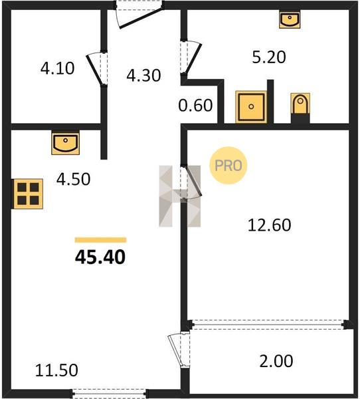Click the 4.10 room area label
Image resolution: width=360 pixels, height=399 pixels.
[x=58, y=68]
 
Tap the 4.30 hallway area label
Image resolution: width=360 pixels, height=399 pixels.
[x=143, y=75]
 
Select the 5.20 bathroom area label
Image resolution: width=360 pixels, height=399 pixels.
[x=269, y=57]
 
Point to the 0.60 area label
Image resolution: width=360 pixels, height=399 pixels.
[x=195, y=105]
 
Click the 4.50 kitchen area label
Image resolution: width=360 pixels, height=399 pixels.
[x=73, y=179]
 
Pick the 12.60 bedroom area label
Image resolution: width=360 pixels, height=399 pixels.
[x=269, y=225]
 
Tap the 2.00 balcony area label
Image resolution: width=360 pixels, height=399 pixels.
[x=276, y=361]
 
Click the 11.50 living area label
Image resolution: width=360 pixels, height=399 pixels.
[x=56, y=370]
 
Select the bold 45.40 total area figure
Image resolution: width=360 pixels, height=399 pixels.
[x=100, y=257]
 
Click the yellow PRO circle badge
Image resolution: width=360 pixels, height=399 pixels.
[x=228, y=166]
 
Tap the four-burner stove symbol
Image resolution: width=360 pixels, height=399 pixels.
[x=28, y=194]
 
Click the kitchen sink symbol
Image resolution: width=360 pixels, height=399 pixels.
[x=65, y=143]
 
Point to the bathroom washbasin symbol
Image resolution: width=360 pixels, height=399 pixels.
[x=290, y=19]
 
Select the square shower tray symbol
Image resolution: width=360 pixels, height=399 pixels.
[x=251, y=106]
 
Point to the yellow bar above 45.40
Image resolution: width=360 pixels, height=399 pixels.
[x=101, y=240]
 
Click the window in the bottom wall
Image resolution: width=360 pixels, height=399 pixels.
[x=109, y=393]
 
